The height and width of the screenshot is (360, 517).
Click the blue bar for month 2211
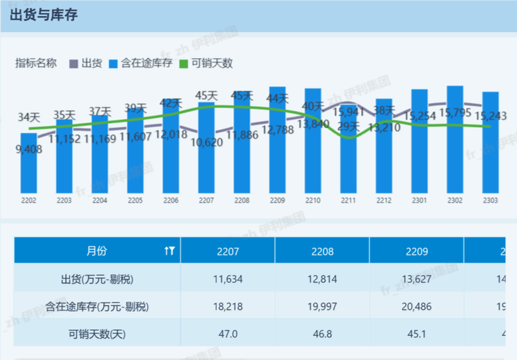[x=349, y=161]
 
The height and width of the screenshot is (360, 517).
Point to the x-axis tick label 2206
[x=171, y=200]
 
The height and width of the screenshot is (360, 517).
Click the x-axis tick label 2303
[x=491, y=200]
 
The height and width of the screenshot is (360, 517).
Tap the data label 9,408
[x=29, y=149]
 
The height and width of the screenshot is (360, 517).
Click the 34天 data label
[x=29, y=118]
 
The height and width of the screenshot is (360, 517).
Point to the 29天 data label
[x=348, y=125]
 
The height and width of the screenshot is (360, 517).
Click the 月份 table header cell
[x=96, y=251]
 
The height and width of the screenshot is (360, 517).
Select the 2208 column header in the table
[x=322, y=252]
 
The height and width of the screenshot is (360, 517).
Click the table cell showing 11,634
[x=228, y=279]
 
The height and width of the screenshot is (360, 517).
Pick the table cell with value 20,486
[x=417, y=306]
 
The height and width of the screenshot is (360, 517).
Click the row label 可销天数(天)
[x=97, y=334]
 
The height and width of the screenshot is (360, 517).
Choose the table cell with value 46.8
[x=322, y=334]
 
